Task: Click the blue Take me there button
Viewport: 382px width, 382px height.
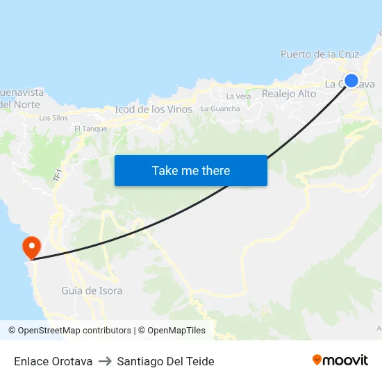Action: click(x=191, y=171)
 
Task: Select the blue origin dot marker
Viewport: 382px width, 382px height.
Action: click(x=351, y=81)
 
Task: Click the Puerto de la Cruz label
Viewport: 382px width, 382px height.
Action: click(x=319, y=53)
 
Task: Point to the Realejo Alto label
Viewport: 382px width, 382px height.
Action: click(x=289, y=94)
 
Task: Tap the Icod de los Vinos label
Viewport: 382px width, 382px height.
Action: click(x=153, y=109)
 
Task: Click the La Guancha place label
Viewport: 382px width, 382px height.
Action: click(x=220, y=108)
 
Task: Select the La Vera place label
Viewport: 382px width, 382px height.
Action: click(x=238, y=96)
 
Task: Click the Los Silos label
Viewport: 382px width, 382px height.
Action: click(x=53, y=117)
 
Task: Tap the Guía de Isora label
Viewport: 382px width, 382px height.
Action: click(x=92, y=290)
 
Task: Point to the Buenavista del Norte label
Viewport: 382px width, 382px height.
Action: click(x=21, y=98)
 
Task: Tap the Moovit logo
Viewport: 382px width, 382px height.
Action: click(x=340, y=360)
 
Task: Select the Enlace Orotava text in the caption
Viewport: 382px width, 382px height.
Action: click(x=53, y=361)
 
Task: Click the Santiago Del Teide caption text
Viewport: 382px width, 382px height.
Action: click(x=165, y=361)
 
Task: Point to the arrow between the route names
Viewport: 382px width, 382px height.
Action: click(x=105, y=361)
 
